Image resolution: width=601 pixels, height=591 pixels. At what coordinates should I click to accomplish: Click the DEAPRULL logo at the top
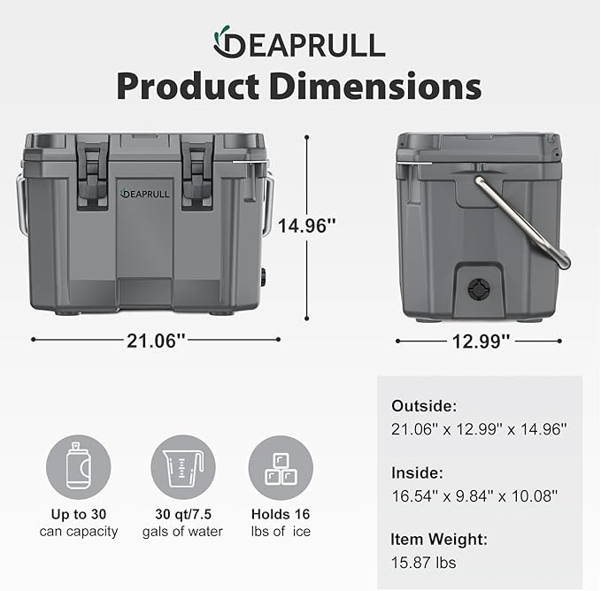(x=298, y=42)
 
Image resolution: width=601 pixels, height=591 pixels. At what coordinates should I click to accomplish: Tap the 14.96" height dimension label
(x=307, y=226)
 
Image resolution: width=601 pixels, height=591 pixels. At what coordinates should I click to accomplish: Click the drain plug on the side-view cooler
(x=479, y=290)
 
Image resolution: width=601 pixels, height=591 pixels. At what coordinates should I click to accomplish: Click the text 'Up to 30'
(x=78, y=513)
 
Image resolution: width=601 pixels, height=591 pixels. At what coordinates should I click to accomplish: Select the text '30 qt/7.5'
(x=182, y=513)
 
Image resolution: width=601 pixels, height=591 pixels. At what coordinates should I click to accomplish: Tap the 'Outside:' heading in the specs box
(x=425, y=406)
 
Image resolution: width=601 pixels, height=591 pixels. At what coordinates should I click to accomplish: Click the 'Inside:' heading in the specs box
(x=418, y=474)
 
